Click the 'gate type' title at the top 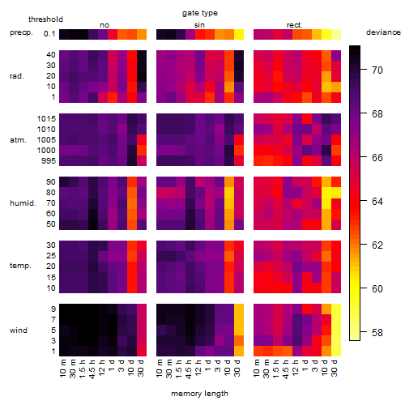point(200,13)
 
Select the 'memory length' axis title point(199,394)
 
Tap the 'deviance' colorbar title point(383,32)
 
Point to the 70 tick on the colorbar point(364,70)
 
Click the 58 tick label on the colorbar point(377,332)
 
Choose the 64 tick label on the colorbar point(377,201)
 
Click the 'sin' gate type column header point(199,25)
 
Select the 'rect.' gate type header point(294,25)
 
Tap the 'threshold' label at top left point(45,19)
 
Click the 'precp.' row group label point(21,32)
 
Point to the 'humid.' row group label point(23,203)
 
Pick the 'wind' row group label point(19,330)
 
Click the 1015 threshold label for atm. point(46,118)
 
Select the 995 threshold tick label point(49,161)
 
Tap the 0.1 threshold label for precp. point(49,34)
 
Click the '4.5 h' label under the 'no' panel point(92,369)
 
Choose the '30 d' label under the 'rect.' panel point(335,369)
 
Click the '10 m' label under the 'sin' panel point(160,369)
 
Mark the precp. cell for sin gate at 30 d point(239,34)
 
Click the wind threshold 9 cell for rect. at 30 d point(336,309)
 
